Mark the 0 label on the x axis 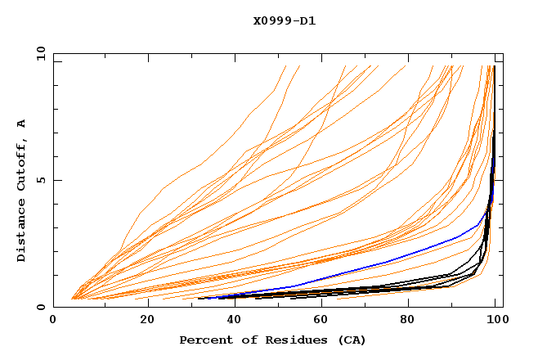(x=53, y=322)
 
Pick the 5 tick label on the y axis (x=39, y=180)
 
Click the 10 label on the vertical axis (x=39, y=53)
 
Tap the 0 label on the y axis (x=39, y=307)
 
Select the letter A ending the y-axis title (x=22, y=123)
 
